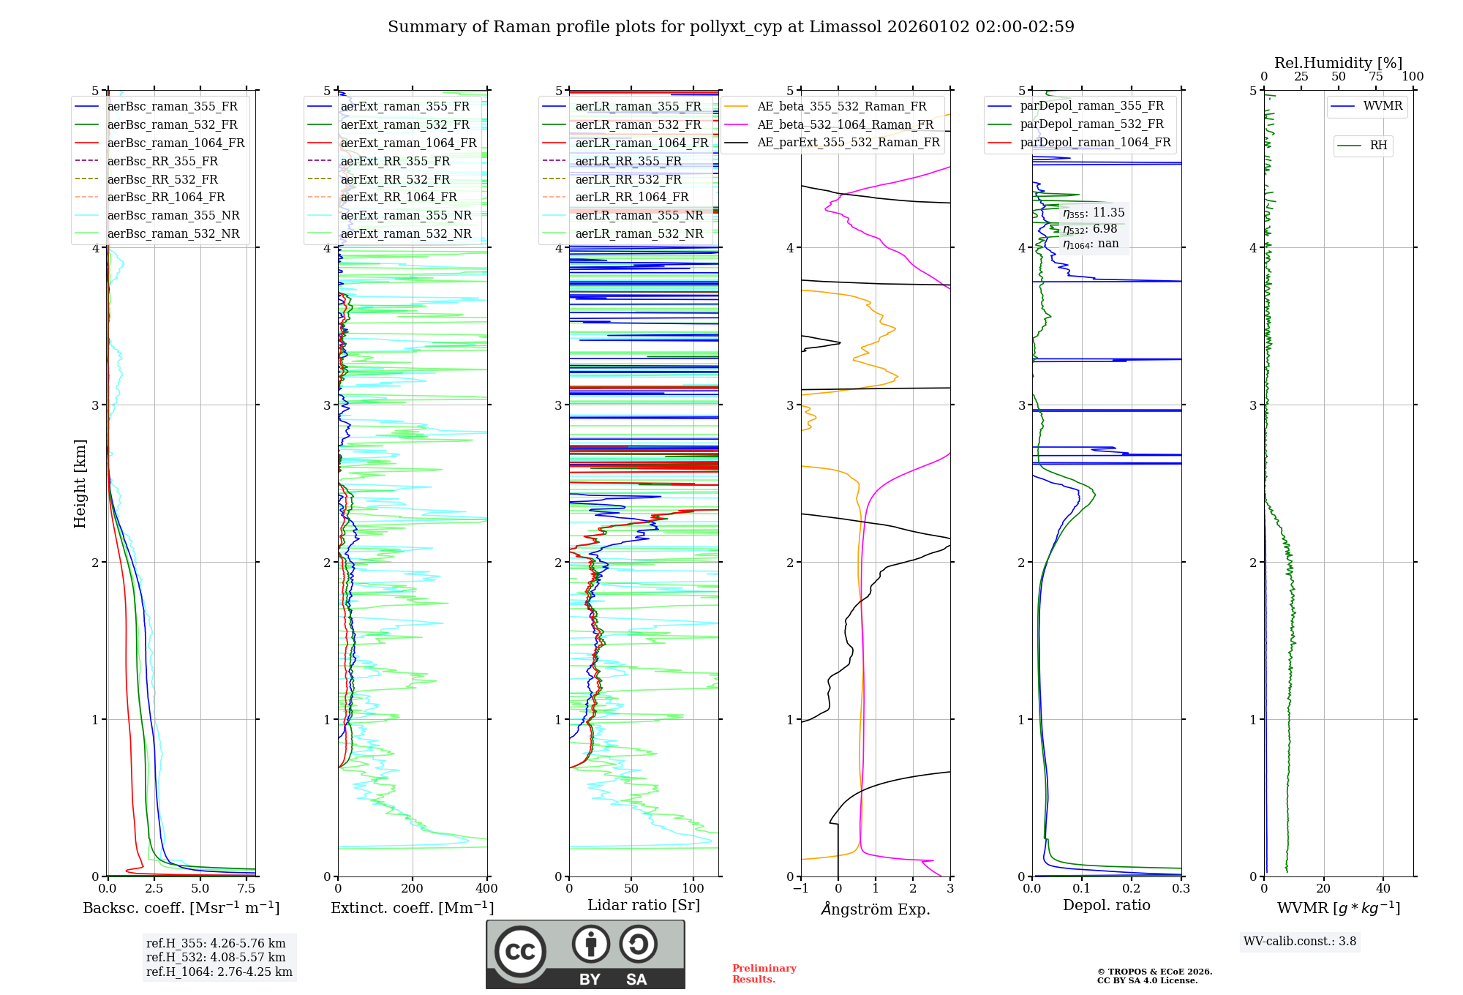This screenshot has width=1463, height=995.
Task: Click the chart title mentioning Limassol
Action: [x=731, y=27]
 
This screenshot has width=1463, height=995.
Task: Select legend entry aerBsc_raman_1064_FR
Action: [x=176, y=143]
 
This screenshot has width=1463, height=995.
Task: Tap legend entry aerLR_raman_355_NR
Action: [x=639, y=215]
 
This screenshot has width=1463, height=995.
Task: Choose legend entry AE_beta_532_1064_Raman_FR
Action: [x=845, y=124]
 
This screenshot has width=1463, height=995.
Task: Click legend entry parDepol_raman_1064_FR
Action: [x=1095, y=142]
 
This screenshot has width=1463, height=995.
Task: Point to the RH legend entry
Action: [x=1378, y=146]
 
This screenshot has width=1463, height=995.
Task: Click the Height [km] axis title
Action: [x=80, y=484]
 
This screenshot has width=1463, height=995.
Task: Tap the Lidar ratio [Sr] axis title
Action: [x=644, y=905]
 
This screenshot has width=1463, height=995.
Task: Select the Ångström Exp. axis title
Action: [x=876, y=909]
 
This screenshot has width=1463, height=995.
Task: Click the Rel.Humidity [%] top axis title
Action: [x=1338, y=63]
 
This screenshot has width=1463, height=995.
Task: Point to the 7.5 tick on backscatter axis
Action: [x=247, y=889]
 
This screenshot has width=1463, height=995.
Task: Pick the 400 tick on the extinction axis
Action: [x=487, y=889]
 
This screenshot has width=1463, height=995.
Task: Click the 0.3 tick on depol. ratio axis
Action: [x=1181, y=889]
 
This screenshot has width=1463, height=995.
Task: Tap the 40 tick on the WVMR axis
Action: [x=1383, y=889]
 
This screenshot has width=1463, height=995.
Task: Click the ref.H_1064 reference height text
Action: [x=219, y=972]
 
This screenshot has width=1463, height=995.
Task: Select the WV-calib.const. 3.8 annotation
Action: [x=1300, y=941]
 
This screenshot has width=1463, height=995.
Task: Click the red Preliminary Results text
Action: [x=764, y=973]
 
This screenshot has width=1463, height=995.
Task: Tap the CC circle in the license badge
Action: [x=520, y=952]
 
